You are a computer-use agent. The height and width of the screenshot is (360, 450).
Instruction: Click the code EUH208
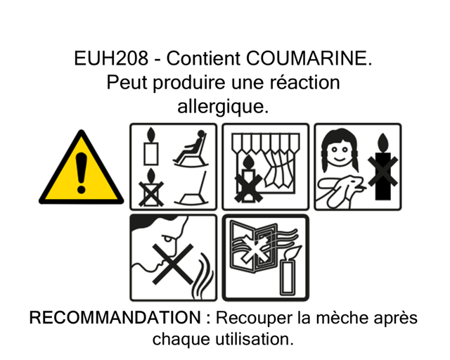[x=111, y=58]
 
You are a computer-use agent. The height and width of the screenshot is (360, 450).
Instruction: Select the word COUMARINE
[x=309, y=58]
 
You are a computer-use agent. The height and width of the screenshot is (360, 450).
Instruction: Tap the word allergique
[x=223, y=107]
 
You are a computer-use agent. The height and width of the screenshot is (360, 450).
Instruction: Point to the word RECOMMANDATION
[x=115, y=318]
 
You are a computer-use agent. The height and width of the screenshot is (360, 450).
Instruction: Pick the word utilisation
[x=255, y=339]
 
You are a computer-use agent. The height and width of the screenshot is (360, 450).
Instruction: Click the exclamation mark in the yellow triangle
[x=82, y=172]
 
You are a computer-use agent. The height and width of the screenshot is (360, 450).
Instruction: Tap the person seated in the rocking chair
[x=191, y=148]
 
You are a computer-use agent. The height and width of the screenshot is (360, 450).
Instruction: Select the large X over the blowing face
[x=173, y=264]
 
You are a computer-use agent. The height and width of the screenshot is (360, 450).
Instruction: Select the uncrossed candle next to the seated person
[x=151, y=147]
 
